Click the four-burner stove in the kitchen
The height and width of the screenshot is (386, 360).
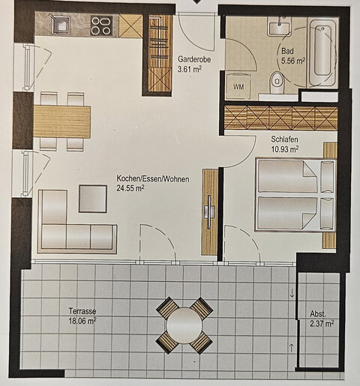point(100,26)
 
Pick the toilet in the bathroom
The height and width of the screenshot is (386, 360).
point(277,80)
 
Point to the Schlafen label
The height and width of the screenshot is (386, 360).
point(285,139)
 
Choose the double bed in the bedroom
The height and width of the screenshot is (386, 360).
point(292,195)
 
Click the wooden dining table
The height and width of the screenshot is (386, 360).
point(61,121)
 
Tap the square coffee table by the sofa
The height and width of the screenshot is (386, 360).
point(94,199)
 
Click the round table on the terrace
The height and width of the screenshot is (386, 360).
point(184,325)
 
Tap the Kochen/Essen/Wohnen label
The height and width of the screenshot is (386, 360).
point(152,178)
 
